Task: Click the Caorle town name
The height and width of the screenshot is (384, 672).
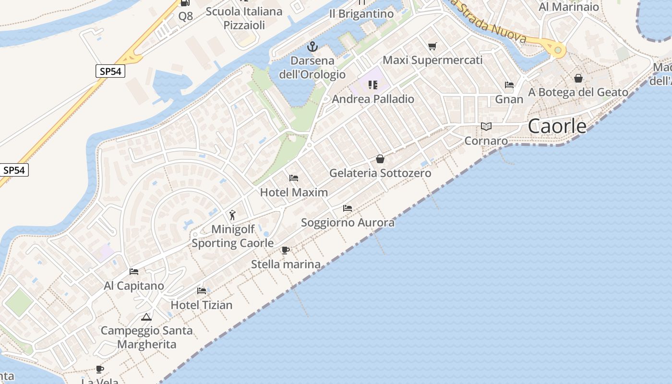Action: (x=557, y=126)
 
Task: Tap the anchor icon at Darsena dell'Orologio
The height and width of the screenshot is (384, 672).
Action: (x=312, y=47)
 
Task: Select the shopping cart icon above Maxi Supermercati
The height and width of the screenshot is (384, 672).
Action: (x=432, y=47)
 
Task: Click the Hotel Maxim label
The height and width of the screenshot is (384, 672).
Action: (x=294, y=192)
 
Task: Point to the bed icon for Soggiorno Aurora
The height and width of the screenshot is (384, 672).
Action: (x=348, y=208)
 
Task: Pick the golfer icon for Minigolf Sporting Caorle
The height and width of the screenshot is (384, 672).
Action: (x=233, y=215)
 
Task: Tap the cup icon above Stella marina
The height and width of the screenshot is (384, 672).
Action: (x=286, y=250)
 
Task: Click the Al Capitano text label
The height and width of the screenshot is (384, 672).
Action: (x=134, y=286)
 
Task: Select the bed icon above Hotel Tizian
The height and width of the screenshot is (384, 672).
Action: (x=202, y=291)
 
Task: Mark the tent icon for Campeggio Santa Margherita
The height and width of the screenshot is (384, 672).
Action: (x=146, y=317)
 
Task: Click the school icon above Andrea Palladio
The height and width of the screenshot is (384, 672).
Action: (x=372, y=85)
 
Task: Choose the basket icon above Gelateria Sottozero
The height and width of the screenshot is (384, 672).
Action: (x=380, y=159)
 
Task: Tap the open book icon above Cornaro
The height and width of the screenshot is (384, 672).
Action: (x=486, y=127)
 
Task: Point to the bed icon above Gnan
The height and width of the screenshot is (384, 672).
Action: (x=509, y=85)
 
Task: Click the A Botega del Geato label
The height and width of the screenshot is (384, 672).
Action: (x=578, y=92)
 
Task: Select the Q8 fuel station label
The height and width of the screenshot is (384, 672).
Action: (x=185, y=16)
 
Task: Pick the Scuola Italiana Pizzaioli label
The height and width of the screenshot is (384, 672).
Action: (x=244, y=18)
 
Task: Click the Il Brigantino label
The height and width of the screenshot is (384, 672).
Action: (x=361, y=14)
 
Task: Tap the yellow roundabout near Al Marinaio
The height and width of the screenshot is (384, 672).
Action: (x=557, y=49)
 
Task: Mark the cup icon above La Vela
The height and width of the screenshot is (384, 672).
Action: (x=100, y=369)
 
